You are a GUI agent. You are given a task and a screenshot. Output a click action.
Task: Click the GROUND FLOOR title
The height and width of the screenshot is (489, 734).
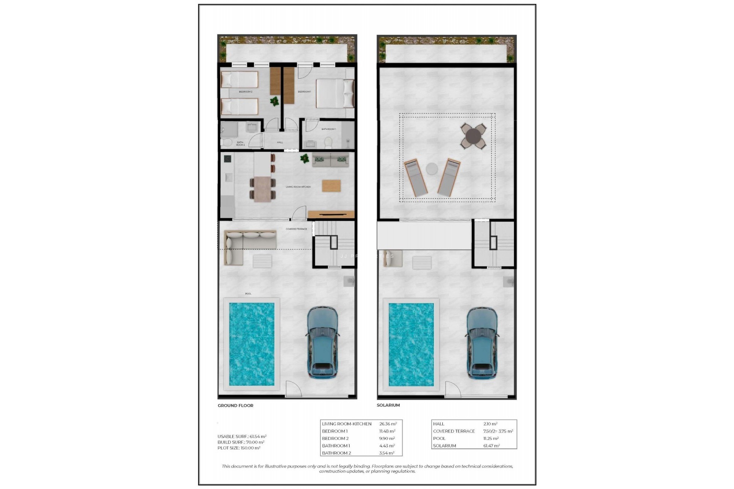click(x=235, y=405)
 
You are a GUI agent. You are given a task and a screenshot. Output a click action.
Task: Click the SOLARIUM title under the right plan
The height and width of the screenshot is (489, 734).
click(x=388, y=405)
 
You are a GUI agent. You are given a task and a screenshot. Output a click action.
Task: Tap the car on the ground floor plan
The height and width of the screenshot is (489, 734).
click(x=323, y=342)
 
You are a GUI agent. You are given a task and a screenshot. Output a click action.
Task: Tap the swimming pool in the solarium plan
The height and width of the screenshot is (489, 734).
click(x=411, y=344)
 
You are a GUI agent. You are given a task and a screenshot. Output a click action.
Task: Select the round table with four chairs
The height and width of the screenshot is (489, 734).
click(x=473, y=136)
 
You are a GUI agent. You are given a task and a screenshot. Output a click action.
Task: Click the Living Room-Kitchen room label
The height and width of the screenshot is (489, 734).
click(x=298, y=187)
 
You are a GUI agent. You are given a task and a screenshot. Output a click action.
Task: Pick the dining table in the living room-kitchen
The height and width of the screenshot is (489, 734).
click(x=262, y=189)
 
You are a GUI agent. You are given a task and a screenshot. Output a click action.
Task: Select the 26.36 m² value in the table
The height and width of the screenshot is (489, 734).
click(x=388, y=424)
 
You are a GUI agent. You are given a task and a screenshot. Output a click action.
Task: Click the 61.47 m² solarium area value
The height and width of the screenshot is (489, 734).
click(x=491, y=446)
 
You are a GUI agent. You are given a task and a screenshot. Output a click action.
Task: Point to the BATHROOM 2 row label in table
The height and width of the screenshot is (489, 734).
click(x=336, y=453)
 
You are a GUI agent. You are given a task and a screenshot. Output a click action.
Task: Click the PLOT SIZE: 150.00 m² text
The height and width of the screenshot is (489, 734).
click(x=239, y=448)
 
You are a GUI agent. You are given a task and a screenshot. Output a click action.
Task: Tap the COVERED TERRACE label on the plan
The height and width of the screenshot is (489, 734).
click(x=296, y=229)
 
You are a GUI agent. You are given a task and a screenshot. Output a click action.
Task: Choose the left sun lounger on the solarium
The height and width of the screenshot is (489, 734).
click(x=416, y=178)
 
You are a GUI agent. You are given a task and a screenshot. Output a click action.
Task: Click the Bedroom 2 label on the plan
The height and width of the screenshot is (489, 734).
click(x=245, y=92)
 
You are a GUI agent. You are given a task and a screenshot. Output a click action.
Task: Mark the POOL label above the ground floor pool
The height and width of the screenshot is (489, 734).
click(x=248, y=294)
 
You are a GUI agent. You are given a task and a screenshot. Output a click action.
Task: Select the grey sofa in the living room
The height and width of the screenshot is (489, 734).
click(x=331, y=160)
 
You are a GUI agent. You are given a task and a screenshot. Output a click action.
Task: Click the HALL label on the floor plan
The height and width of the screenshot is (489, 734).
click(x=280, y=142)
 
